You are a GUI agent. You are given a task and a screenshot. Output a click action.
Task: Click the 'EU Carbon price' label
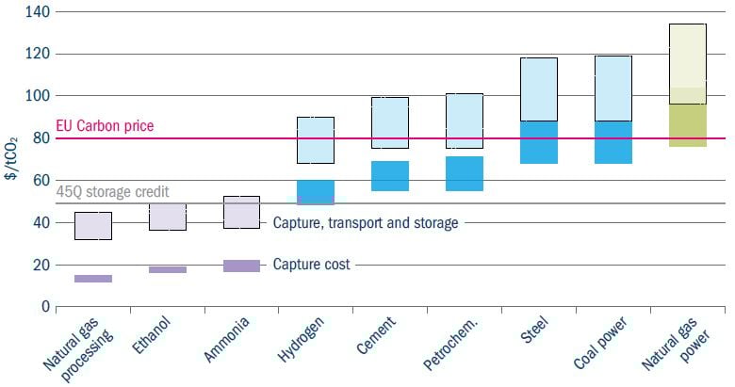105,126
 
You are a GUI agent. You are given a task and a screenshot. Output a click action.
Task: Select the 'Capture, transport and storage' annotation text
366,223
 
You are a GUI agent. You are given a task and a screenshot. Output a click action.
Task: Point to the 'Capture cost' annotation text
311,265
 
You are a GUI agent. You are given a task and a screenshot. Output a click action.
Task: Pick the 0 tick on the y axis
42,307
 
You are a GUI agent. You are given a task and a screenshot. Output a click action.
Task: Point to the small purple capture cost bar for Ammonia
241,266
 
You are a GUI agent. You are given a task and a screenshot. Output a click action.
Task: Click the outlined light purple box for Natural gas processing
93,226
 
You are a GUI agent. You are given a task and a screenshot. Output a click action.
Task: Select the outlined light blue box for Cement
389,122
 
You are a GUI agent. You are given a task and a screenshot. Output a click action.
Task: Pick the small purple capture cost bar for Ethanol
168,269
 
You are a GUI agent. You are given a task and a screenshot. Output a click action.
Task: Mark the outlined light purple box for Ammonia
241,212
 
